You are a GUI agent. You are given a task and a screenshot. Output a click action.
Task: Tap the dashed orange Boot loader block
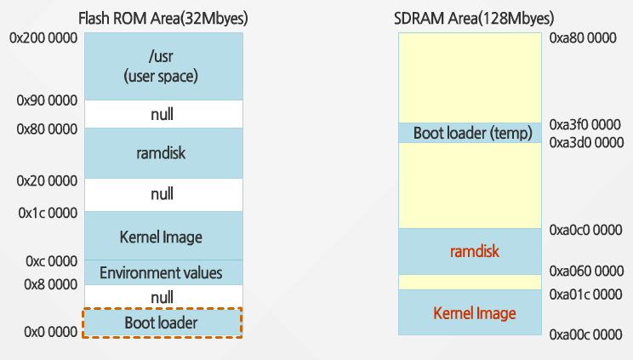(x=162, y=323)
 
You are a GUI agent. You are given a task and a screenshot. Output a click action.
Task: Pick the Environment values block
(x=162, y=273)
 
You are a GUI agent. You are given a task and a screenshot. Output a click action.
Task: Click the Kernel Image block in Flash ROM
(x=162, y=236)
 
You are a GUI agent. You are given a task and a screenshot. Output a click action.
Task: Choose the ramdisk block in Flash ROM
(x=162, y=153)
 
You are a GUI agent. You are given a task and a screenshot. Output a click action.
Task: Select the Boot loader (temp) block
(x=472, y=133)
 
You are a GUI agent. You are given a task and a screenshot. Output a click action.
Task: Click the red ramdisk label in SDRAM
(x=474, y=252)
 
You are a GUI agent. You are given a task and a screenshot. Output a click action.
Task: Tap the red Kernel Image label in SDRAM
(x=474, y=314)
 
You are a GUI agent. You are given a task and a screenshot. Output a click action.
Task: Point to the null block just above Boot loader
(x=162, y=296)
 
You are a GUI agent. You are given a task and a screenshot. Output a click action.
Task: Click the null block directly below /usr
(x=162, y=114)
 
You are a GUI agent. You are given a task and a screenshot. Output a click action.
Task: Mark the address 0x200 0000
(x=43, y=39)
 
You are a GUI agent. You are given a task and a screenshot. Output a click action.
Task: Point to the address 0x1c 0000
(x=47, y=212)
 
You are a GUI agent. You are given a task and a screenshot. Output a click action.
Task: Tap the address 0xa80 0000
(x=583, y=39)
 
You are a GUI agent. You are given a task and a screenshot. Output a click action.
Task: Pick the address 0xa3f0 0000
(x=585, y=124)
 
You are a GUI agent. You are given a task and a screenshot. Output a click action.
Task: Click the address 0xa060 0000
(x=585, y=272)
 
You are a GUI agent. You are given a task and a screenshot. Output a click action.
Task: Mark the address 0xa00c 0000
(x=585, y=334)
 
